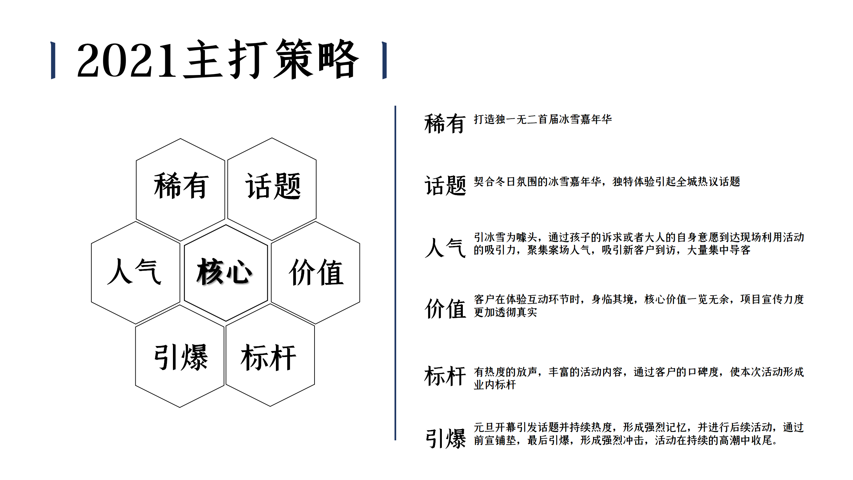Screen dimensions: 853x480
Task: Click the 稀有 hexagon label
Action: (x=181, y=186)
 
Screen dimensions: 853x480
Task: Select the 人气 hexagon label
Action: (x=134, y=271)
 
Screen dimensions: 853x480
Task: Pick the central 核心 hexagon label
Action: (x=224, y=271)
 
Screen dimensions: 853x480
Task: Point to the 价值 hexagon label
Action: (x=316, y=272)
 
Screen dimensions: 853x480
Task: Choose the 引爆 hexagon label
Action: (x=181, y=357)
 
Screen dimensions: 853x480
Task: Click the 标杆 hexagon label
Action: (x=269, y=357)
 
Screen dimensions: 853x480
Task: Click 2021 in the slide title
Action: (x=127, y=60)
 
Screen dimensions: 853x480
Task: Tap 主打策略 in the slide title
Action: (x=271, y=59)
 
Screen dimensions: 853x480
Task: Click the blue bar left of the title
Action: (x=53, y=60)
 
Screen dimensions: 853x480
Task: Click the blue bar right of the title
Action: (x=385, y=60)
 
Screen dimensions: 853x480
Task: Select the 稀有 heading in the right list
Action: (x=445, y=123)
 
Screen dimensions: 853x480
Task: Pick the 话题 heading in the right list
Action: (x=445, y=185)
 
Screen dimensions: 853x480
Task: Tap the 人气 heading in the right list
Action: (x=445, y=247)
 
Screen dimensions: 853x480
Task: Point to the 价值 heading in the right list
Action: (x=445, y=309)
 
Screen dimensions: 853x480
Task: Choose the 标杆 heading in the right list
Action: (x=445, y=376)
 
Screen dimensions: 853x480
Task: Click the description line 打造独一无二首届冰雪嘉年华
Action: (x=543, y=119)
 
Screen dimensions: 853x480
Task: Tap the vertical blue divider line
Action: (x=395, y=273)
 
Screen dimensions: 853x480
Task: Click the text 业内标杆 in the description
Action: (x=495, y=385)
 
